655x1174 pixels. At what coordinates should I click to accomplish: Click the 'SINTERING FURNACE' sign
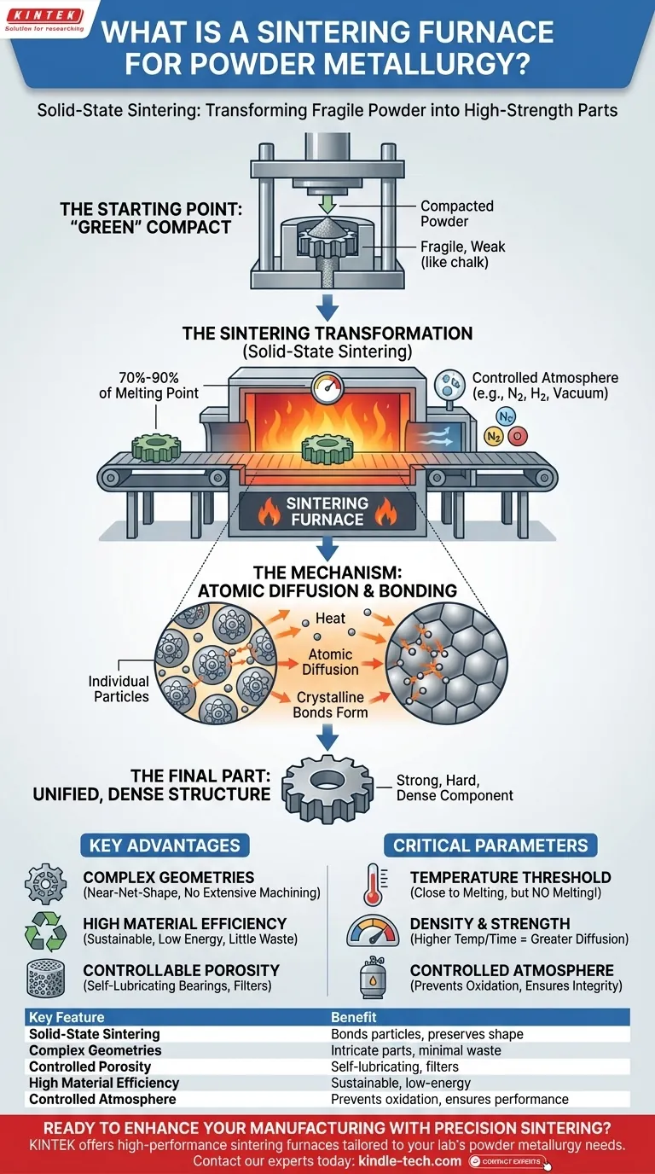[x=327, y=511]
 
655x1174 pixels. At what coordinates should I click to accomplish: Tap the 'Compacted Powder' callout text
[x=456, y=214]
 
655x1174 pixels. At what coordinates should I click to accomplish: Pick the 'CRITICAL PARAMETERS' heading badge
[x=490, y=846]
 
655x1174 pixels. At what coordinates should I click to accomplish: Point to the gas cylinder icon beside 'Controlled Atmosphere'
[x=372, y=978]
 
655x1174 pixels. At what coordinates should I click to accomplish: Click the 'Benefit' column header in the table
[x=354, y=1017]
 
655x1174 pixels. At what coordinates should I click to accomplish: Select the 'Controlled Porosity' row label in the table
[x=90, y=1066]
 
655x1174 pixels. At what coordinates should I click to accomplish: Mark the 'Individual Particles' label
[x=119, y=689]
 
